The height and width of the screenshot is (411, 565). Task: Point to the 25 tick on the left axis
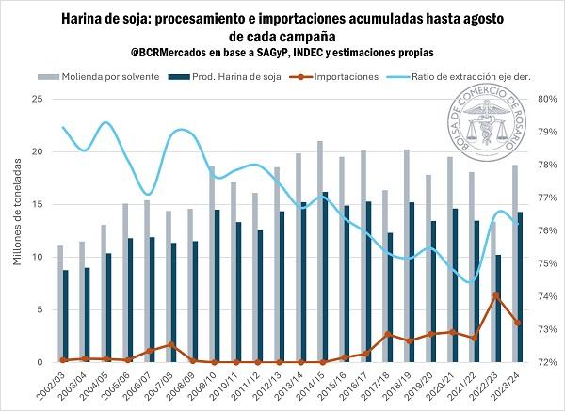tap(37, 99)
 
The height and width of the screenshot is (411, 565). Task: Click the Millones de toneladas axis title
tap(17, 230)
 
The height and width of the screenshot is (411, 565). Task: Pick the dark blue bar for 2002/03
tap(65, 315)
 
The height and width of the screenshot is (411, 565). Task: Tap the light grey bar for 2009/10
tap(212, 263)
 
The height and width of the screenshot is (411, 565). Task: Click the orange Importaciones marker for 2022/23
tap(495, 295)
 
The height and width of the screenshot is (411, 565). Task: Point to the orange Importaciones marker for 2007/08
tap(171, 344)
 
